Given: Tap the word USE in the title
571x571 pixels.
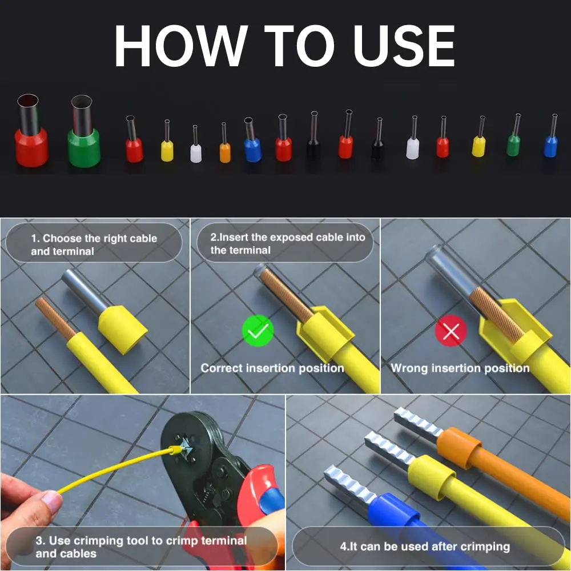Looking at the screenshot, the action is point(404,46).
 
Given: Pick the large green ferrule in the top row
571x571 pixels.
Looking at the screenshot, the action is point(84,131).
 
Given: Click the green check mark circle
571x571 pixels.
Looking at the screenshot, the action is point(258,331).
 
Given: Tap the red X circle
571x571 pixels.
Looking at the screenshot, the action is point(451,331).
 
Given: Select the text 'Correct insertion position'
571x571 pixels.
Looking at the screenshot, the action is point(272,368).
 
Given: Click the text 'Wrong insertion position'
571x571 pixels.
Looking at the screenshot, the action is point(460,368).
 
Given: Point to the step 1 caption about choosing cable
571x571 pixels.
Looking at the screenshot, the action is point(94,244).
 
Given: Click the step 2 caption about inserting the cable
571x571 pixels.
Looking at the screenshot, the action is point(288,243).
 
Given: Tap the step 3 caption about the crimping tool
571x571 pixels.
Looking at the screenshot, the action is point(141,546).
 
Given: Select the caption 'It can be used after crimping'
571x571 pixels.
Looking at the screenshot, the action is point(425,546).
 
